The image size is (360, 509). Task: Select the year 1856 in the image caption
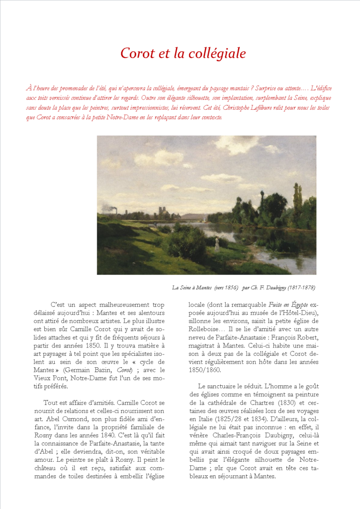click(231, 288)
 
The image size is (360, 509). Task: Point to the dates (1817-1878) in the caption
click(300, 288)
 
